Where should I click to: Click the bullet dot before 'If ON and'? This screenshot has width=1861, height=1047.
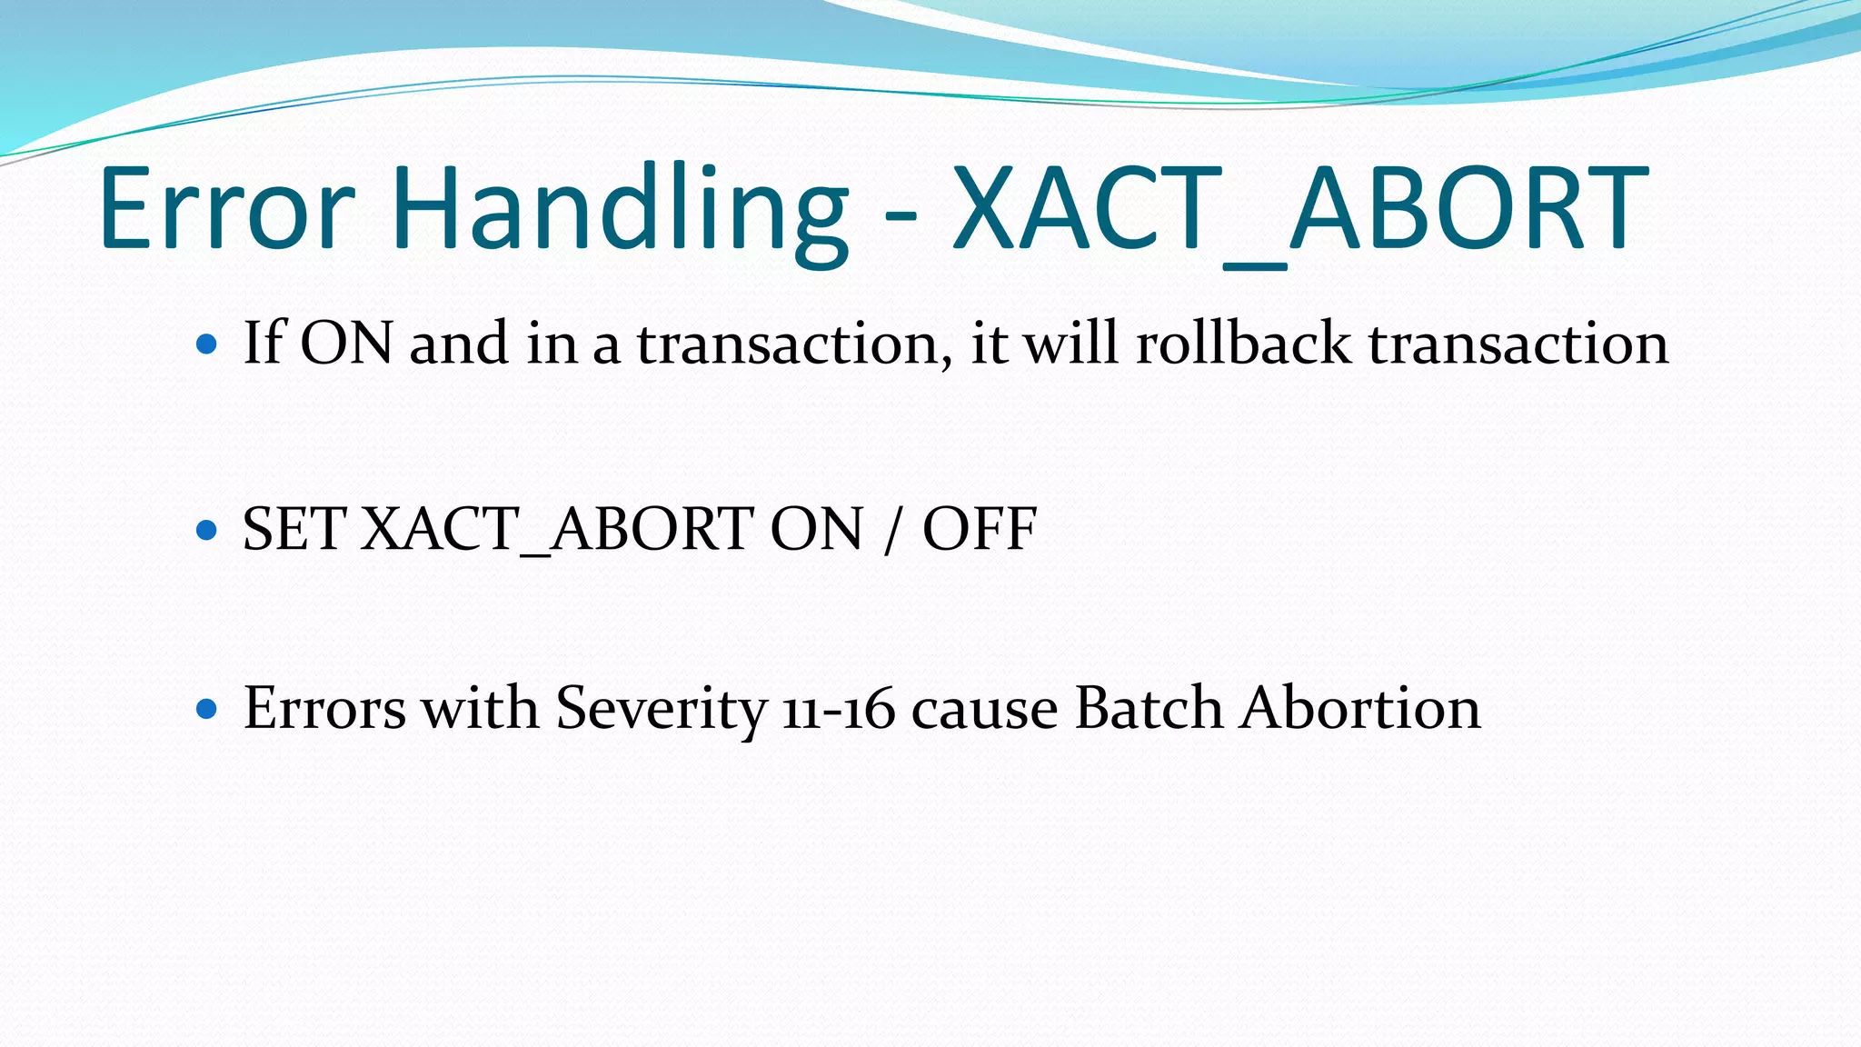click(207, 344)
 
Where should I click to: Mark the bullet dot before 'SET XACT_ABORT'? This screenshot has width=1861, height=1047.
click(207, 529)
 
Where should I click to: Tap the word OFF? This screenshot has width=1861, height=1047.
click(980, 528)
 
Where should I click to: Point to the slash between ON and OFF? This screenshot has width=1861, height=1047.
click(891, 530)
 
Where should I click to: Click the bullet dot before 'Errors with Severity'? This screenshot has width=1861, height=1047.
click(207, 708)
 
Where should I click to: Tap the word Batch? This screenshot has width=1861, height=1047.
click(1149, 708)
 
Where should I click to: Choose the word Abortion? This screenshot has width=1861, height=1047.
click(1360, 708)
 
